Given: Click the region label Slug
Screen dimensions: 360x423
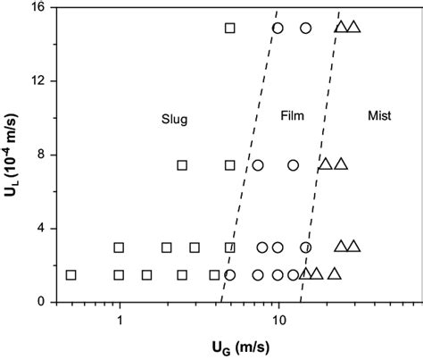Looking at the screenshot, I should pyautogui.click(x=174, y=121).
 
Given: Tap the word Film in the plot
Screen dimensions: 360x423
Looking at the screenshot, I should pyautogui.click(x=292, y=117).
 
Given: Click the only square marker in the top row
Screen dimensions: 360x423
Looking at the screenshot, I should pyautogui.click(x=229, y=28).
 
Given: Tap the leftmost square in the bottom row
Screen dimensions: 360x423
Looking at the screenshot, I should pyautogui.click(x=70, y=274).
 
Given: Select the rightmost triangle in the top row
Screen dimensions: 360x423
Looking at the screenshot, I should pyautogui.click(x=354, y=28).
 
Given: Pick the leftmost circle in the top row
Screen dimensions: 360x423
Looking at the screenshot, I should pyautogui.click(x=278, y=28).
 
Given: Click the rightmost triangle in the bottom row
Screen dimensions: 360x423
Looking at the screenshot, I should pyautogui.click(x=335, y=273).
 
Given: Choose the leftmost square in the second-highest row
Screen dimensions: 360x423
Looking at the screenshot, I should pyautogui.click(x=182, y=164).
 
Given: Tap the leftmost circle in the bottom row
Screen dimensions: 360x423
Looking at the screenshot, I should pyautogui.click(x=229, y=274).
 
